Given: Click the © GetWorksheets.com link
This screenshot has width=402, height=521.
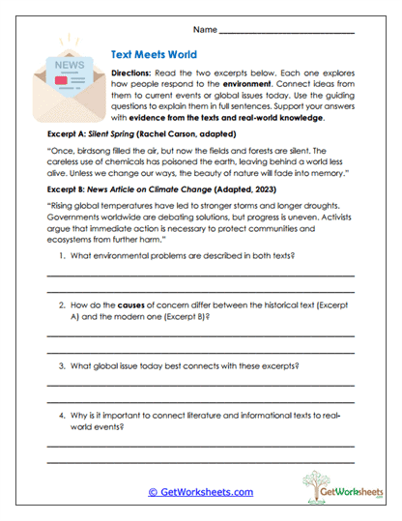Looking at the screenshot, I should (x=201, y=491).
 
